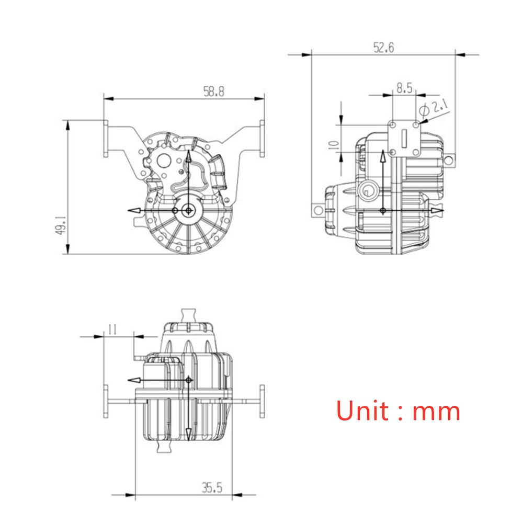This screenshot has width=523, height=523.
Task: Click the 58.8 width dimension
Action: click(214, 92)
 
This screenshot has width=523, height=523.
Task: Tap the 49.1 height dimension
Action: click(61, 225)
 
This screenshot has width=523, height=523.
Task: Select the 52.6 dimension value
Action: click(383, 48)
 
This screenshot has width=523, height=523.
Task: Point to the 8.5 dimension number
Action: click(404, 88)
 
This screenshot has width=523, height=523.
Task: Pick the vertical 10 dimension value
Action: click(334, 145)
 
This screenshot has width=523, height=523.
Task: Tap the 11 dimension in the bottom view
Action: click(112, 329)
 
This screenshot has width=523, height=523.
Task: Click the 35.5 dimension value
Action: click(212, 487)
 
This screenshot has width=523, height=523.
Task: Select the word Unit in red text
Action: click(362, 410)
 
